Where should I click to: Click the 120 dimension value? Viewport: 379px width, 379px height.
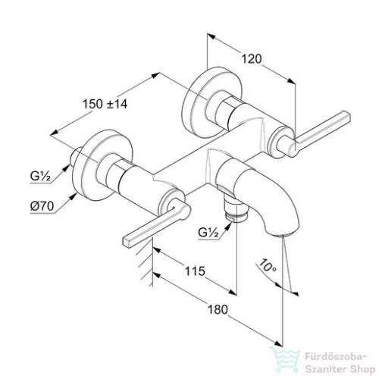[252, 59]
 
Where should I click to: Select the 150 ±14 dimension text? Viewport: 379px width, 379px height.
[105, 104]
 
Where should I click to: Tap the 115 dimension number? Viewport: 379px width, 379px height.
[195, 271]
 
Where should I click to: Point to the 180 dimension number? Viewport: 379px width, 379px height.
[218, 309]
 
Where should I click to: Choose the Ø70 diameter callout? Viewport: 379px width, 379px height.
[42, 206]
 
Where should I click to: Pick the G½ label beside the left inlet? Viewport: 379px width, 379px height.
[40, 176]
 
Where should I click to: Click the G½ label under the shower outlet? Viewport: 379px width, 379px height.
[208, 233]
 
